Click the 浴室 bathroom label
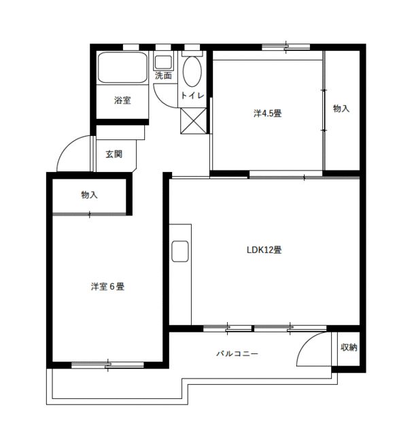[122, 101]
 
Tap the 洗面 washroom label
[163, 75]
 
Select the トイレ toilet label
[192, 96]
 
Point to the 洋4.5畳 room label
[268, 114]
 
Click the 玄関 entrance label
[114, 154]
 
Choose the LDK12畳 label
[264, 250]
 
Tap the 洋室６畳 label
[107, 287]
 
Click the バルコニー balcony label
[237, 353]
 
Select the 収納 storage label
[349, 347]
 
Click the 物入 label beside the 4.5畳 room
[341, 109]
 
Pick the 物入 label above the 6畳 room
[89, 195]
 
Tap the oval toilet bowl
[192, 71]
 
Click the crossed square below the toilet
[193, 120]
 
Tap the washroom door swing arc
[164, 94]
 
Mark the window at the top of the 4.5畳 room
[286, 47]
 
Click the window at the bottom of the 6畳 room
[107, 365]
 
